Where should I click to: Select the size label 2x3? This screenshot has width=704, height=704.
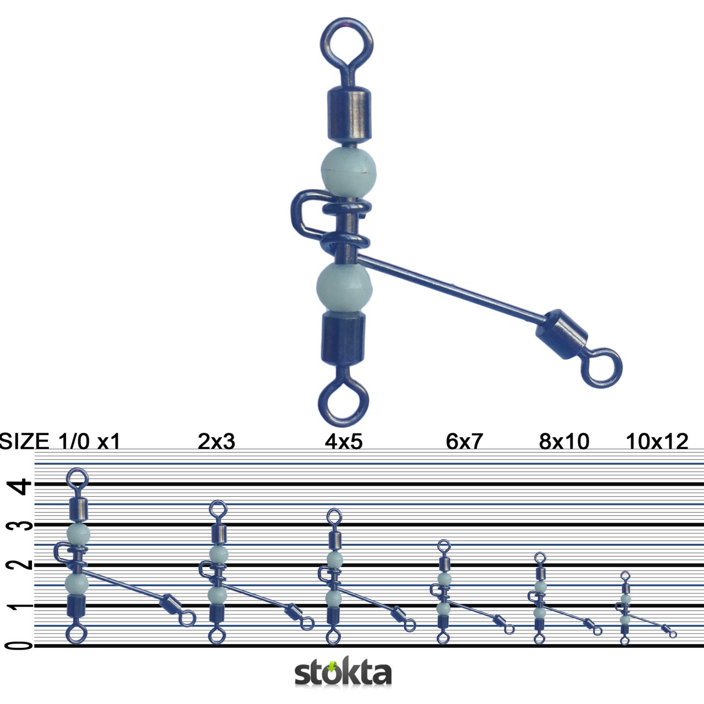[x=216, y=442]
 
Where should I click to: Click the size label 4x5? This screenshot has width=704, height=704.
[x=344, y=442]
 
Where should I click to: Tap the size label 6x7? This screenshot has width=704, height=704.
[x=464, y=442]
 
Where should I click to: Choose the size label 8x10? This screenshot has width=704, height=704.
[x=564, y=442]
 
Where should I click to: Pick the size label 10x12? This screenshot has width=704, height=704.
[x=657, y=442]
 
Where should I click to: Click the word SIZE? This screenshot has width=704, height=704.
[x=24, y=442]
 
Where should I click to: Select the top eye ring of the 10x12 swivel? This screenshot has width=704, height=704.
[x=625, y=576]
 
